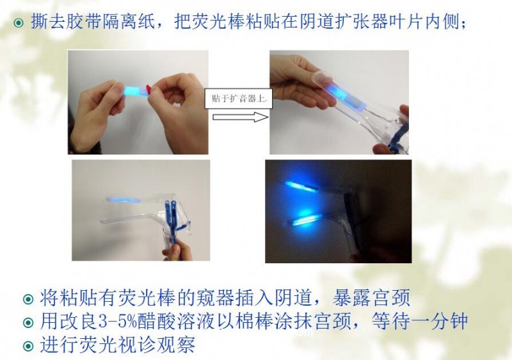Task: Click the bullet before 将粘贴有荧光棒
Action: [x=28, y=299]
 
